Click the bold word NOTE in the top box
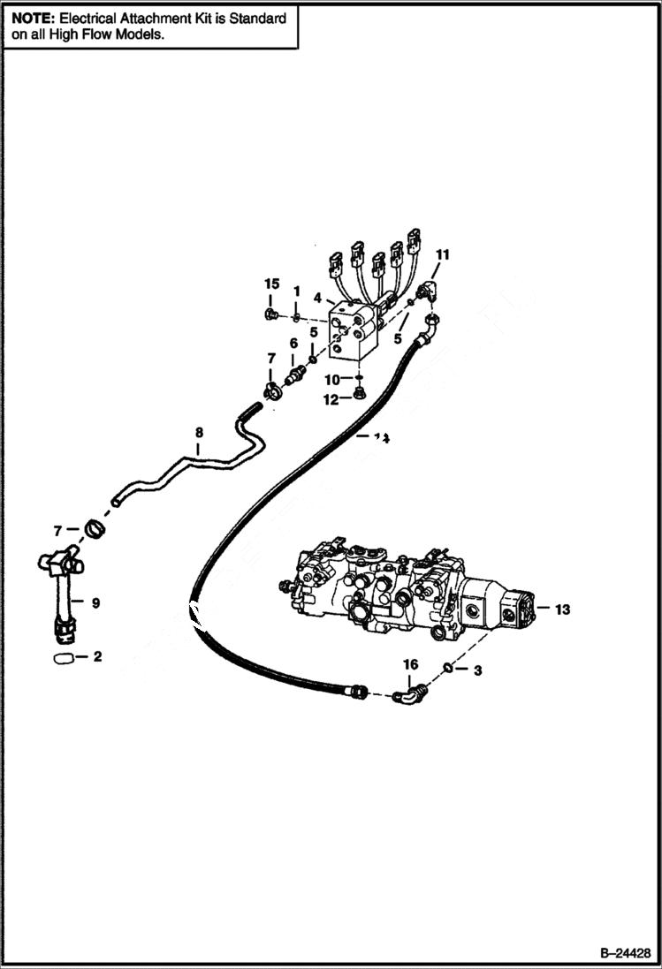coord(32,18)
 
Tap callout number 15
coord(272,284)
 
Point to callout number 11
coord(442,254)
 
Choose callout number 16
coord(410,663)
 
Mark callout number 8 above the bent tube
coord(199,433)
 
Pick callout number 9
coord(95,603)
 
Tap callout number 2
coord(97,657)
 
